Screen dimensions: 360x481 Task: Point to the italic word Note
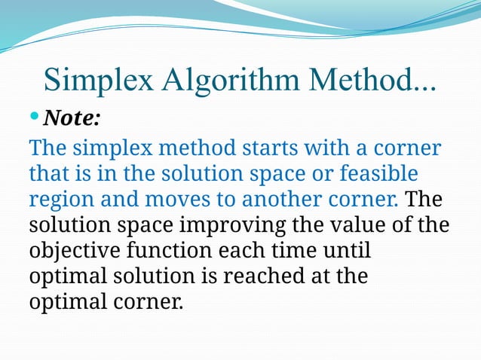click(x=71, y=118)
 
